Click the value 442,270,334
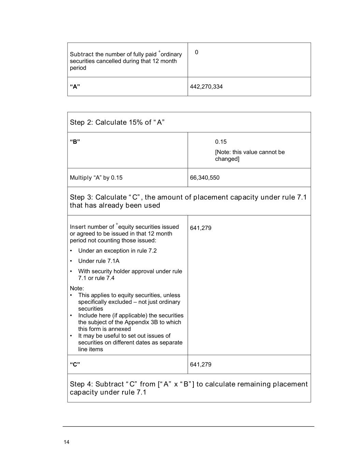click(x=206, y=87)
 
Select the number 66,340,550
click(x=205, y=178)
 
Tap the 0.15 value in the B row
click(x=221, y=142)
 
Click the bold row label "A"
click(x=75, y=86)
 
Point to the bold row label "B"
click(x=75, y=142)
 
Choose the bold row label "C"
click(x=75, y=364)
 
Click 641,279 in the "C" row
click(x=201, y=364)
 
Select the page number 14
click(x=66, y=442)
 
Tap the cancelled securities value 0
click(x=197, y=52)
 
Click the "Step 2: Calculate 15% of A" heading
click(x=117, y=122)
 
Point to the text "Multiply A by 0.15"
click(x=96, y=178)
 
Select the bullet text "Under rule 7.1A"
click(x=99, y=261)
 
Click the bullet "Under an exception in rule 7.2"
click(x=117, y=251)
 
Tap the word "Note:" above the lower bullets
click(x=77, y=288)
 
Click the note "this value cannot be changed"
click(x=249, y=155)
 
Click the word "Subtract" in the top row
click(x=82, y=54)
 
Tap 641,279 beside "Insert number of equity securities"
click(x=201, y=228)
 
